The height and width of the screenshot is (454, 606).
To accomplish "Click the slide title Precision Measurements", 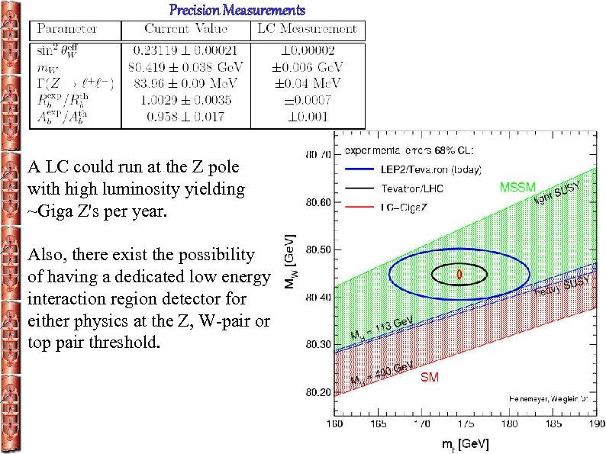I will pos(237,10).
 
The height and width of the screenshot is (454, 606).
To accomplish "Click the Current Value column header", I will pos(186,29).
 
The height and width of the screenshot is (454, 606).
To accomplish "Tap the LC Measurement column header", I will pos(308,29).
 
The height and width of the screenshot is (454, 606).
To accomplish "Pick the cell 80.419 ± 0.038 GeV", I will pos(186,69).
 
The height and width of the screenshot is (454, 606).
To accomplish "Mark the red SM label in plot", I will pos(429,377).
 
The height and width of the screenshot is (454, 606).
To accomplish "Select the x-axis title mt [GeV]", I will pos(458,443).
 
